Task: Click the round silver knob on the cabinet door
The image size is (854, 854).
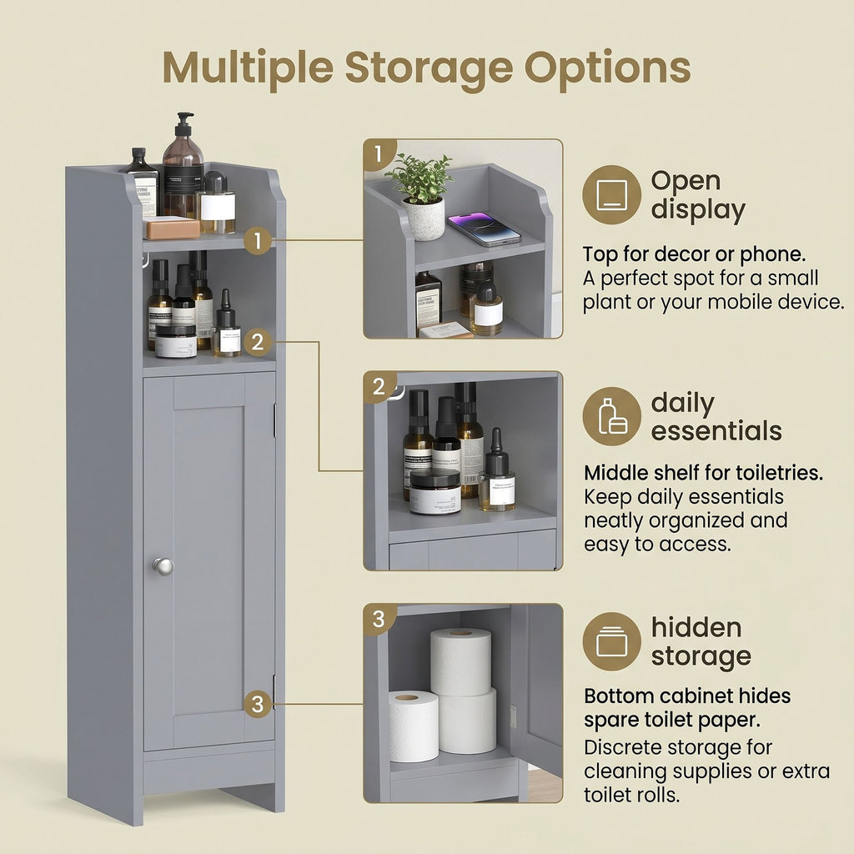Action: tap(163, 566)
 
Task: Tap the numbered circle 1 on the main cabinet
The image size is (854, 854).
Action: tap(258, 240)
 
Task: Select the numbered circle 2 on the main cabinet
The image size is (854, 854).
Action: tap(258, 342)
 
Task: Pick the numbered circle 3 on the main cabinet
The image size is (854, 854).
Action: tap(258, 704)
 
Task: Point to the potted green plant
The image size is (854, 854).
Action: tap(420, 197)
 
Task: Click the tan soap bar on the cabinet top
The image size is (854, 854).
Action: tap(172, 229)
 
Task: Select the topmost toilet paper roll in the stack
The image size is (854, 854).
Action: tap(460, 661)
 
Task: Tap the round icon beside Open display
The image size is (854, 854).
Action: tap(611, 195)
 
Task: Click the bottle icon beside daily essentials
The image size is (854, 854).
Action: tap(611, 417)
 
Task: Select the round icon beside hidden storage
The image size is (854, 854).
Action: tap(611, 641)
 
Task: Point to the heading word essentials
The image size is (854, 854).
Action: tap(716, 431)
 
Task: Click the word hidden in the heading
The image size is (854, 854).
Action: tap(696, 627)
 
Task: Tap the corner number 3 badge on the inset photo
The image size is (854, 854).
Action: tap(379, 619)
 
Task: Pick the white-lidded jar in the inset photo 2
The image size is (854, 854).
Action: tap(435, 492)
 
